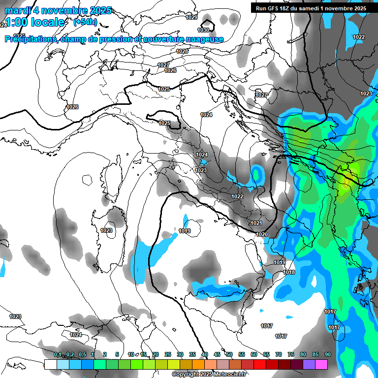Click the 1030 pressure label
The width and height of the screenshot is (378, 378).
pyautogui.click(x=203, y=30)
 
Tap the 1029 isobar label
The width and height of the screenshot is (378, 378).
pyautogui.click(x=191, y=18)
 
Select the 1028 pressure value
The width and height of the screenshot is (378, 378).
pyautogui.click(x=182, y=51)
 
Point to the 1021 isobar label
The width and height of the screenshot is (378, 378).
pyautogui.click(x=256, y=223)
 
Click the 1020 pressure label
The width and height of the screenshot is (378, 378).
pyautogui.click(x=262, y=234)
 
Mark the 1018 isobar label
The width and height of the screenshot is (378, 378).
pyautogui.click(x=289, y=272)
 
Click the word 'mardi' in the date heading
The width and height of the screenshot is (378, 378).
pyautogui.click(x=17, y=10)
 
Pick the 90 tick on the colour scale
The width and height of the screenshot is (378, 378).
pyautogui.click(x=327, y=354)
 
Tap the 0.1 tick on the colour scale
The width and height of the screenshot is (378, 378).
pyautogui.click(x=58, y=354)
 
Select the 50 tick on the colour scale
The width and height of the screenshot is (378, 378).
pyautogui.click(x=229, y=354)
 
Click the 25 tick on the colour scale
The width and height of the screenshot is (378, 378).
pyautogui.click(x=168, y=354)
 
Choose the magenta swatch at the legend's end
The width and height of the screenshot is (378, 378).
pyautogui.click(x=321, y=364)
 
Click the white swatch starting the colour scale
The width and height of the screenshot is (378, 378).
pyautogui.click(x=50, y=364)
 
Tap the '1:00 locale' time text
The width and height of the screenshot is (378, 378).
pyautogui.click(x=34, y=22)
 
